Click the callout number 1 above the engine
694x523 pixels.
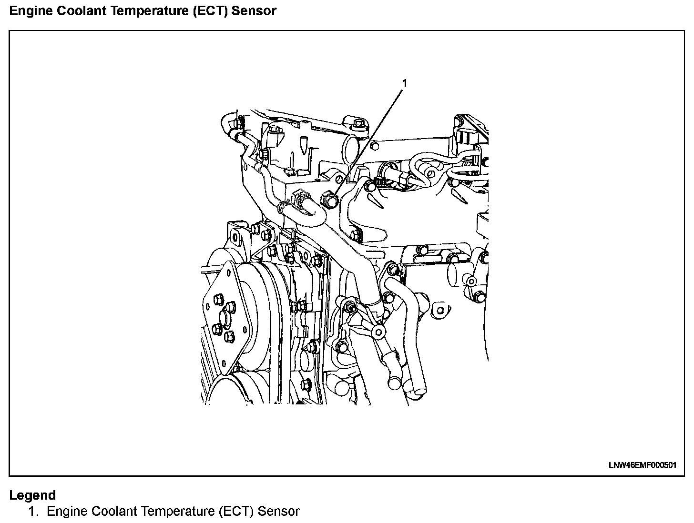point(405,83)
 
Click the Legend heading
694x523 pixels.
point(32,495)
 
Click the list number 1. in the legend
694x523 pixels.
point(32,512)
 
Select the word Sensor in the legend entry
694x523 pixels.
point(278,512)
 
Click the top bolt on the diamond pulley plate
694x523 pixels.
point(219,300)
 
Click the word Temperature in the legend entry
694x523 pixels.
point(173,512)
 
